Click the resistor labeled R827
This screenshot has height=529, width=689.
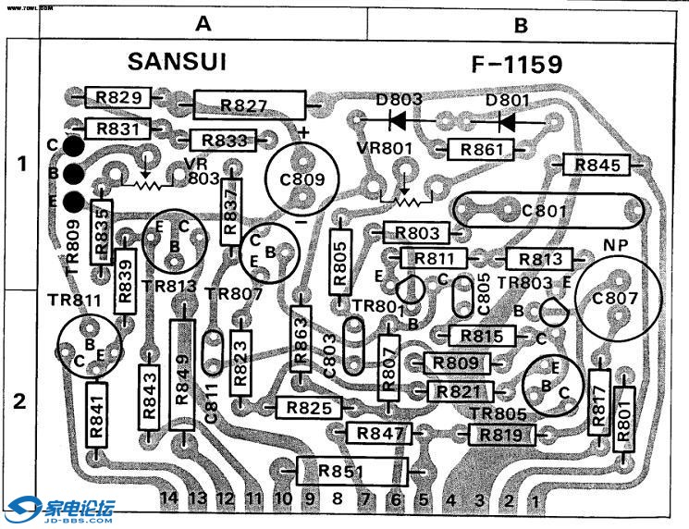pyautogui.click(x=250, y=105)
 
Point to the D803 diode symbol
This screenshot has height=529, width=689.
pyautogui.click(x=399, y=119)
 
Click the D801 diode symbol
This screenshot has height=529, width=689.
pyautogui.click(x=505, y=120)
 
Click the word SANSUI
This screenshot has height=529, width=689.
pyautogui.click(x=177, y=62)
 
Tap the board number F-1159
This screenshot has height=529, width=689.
pyautogui.click(x=516, y=65)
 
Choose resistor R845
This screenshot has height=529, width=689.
pyautogui.click(x=597, y=166)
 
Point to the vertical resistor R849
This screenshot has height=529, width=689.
pyautogui.click(x=181, y=374)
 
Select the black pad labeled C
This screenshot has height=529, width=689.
pyautogui.click(x=76, y=145)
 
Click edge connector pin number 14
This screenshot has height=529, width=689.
pyautogui.click(x=167, y=498)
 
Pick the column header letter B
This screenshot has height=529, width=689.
pyautogui.click(x=521, y=26)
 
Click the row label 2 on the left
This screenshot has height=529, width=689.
pyautogui.click(x=20, y=402)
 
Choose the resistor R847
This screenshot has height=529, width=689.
pyautogui.click(x=377, y=433)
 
